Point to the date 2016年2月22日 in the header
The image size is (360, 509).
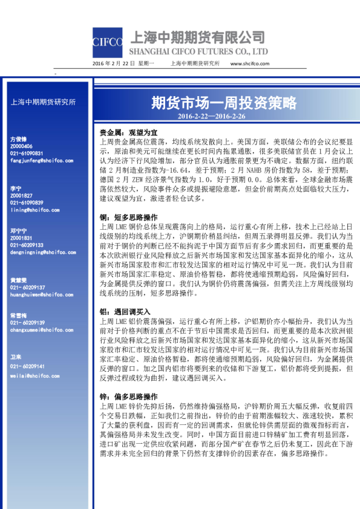coord(114,63)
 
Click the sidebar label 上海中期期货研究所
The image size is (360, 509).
coord(44,102)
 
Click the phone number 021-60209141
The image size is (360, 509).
coord(27,366)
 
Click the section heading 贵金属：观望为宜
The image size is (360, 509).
coord(129,132)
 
